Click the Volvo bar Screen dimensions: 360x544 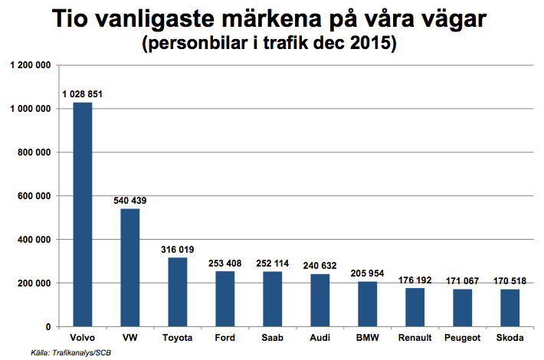click(x=82, y=214)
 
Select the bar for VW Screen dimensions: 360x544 click(x=129, y=267)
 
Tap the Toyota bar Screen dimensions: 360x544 click(x=177, y=292)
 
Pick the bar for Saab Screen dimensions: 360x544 click(x=272, y=299)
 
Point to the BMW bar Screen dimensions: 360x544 click(x=367, y=304)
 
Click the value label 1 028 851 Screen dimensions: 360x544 click(x=82, y=94)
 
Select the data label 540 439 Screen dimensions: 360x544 click(x=129, y=201)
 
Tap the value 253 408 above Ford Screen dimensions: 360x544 click(x=224, y=263)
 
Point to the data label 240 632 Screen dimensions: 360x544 click(x=320, y=266)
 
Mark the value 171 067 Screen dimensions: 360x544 click(x=462, y=281)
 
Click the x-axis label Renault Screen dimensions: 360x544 click(x=415, y=338)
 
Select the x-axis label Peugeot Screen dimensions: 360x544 click(x=462, y=338)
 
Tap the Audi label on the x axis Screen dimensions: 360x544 click(x=320, y=338)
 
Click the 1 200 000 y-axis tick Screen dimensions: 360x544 click(x=30, y=66)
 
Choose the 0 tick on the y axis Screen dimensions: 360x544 click(x=48, y=327)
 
